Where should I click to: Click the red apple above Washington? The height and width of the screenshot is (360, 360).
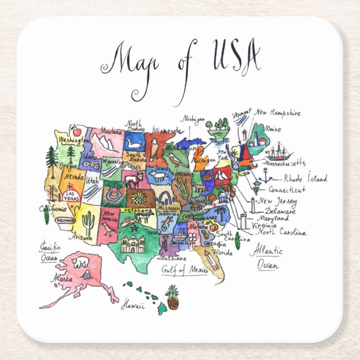pos(77,132)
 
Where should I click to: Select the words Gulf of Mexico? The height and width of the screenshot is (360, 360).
pos(184,269)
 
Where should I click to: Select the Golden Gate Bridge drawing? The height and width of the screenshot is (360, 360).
pos(56,193)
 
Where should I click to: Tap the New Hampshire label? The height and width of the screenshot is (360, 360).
pos(277,113)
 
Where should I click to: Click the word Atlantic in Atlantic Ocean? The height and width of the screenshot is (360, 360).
pos(266,251)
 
